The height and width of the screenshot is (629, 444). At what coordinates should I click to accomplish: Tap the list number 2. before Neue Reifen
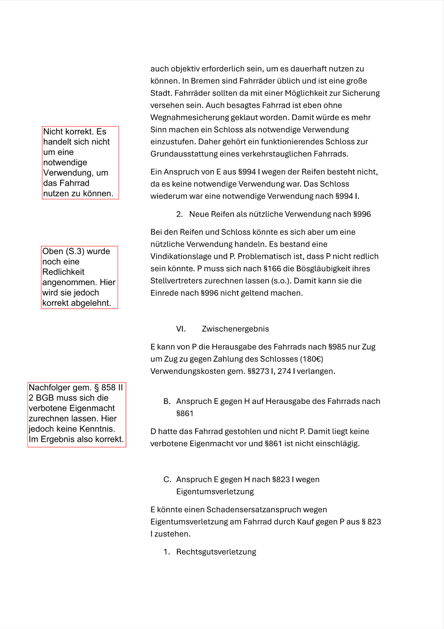pos(180,214)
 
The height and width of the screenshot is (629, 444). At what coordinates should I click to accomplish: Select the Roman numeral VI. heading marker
pos(181,329)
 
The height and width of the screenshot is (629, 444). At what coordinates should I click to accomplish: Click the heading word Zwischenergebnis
pos(235,329)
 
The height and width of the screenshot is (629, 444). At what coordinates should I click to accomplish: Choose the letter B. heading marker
pos(167,401)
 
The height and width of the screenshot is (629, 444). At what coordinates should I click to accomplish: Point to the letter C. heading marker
pos(167,479)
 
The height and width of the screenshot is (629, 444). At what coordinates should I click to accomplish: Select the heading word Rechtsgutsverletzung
pos(216,552)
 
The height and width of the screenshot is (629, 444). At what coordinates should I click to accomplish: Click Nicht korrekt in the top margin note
pos(67,132)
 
